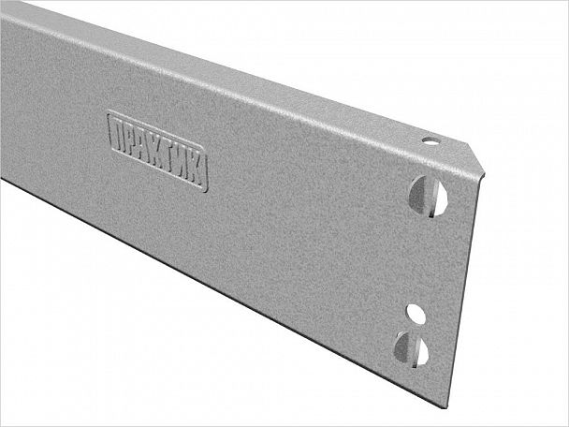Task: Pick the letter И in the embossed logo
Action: point(184,164)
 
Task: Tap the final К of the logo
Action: point(197,170)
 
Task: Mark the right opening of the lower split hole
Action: point(422,352)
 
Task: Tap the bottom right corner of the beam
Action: point(439,405)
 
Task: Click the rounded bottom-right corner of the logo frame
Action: point(204,187)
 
